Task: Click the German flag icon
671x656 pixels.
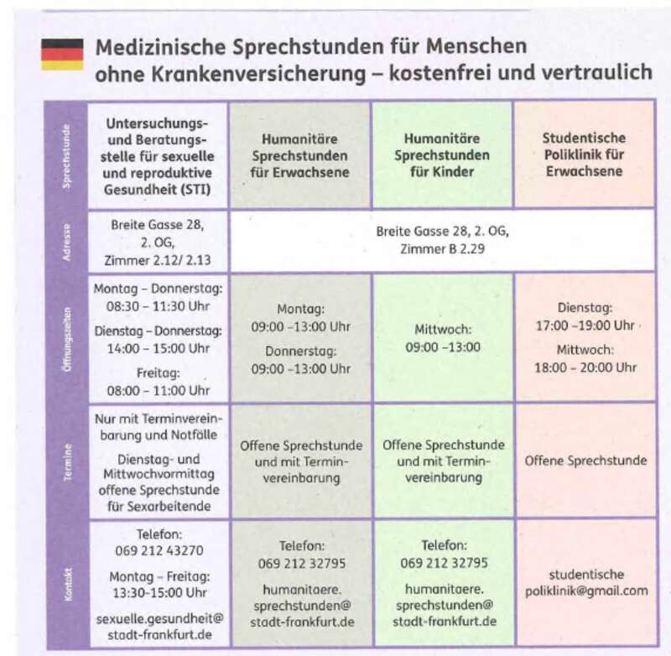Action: coord(62,54)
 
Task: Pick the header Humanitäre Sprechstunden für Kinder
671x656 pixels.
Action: coord(441,154)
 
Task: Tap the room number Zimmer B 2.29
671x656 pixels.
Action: coord(442,250)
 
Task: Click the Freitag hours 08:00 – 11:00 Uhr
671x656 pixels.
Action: coord(158,390)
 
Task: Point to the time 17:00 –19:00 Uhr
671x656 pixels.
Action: coord(584,325)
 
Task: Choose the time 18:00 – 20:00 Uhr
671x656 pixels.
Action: coord(585,367)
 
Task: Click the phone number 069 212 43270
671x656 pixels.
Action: coord(158,550)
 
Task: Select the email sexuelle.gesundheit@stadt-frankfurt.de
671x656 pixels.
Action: coord(158,626)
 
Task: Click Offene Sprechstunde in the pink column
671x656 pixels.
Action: coord(585,461)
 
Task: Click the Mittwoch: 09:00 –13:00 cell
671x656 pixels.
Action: coord(443,338)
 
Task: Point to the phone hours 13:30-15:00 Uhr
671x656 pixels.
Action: coord(158,593)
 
